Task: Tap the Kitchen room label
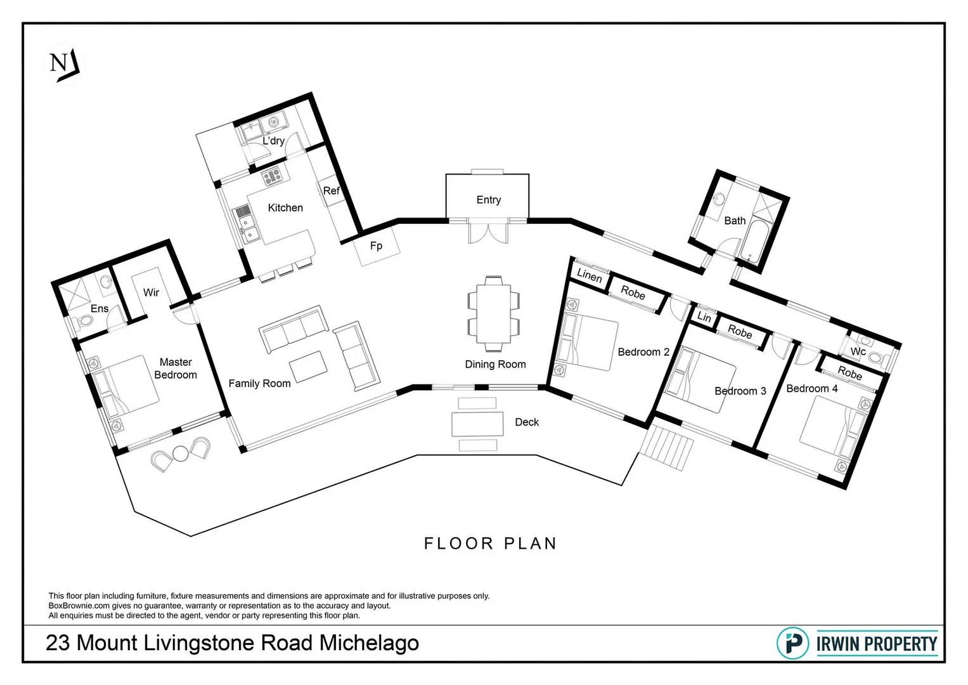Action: point(285,208)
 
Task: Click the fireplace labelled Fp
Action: point(377,246)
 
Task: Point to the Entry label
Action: point(488,200)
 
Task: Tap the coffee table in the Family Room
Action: point(308,367)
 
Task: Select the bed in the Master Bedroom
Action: point(127,387)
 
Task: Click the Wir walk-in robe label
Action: point(151,292)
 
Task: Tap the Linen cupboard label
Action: point(589,276)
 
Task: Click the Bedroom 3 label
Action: point(740,391)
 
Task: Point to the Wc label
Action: point(858,351)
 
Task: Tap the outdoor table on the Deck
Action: point(477,424)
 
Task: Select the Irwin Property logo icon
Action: point(792,643)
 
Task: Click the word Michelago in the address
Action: point(368,643)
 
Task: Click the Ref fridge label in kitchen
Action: point(331,191)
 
